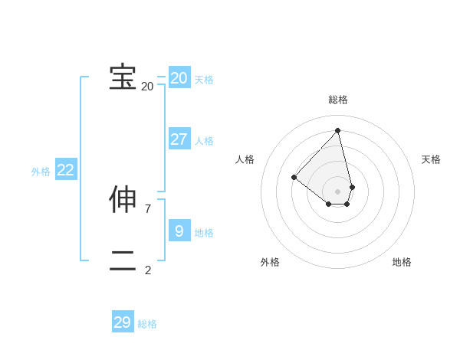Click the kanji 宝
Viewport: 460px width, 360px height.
point(123,77)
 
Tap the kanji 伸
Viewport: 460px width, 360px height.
point(123,199)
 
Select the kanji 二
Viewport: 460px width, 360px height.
point(123,261)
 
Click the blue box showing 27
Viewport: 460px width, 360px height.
point(179,139)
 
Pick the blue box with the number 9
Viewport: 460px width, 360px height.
point(179,231)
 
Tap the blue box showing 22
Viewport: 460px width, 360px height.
point(66,171)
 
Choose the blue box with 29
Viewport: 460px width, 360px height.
point(123,322)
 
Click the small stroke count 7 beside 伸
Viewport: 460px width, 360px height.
point(147,208)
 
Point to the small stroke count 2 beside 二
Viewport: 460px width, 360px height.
point(147,270)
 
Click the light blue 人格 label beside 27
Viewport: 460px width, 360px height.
point(204,141)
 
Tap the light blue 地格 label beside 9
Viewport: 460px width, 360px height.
point(204,233)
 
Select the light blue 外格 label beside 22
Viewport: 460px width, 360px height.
point(41,172)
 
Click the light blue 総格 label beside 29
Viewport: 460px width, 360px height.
point(147,325)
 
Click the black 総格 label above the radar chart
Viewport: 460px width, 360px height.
point(338,100)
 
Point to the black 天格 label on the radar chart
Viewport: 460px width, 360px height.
point(432,159)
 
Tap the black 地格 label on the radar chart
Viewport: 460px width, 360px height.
point(402,262)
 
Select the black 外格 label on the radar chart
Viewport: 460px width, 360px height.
point(270,262)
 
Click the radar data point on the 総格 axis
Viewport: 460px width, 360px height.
point(338,131)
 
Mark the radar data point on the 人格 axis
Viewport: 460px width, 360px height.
point(294,177)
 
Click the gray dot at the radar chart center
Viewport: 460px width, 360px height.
point(338,191)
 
